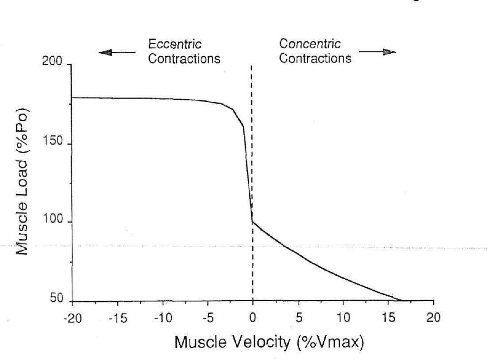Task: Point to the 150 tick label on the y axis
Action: tap(52, 144)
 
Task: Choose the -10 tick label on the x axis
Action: tap(162, 318)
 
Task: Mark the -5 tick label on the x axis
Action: tap(207, 318)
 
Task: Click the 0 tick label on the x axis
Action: tap(253, 318)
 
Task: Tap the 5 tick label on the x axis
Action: tap(298, 318)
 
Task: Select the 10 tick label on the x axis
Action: tap(343, 318)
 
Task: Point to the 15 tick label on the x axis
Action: tap(389, 318)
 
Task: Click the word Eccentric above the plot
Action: tap(175, 45)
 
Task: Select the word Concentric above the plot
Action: tap(310, 44)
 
